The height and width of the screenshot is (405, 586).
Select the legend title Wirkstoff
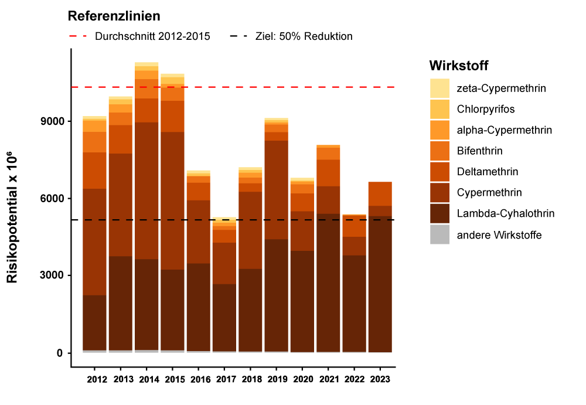pos(458,64)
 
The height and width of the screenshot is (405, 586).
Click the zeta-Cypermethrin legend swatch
pos(439,89)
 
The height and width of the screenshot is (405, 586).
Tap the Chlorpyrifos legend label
pos(486,109)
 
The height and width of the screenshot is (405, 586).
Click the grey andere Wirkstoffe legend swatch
pos(439,235)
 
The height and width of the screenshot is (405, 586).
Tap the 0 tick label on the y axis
pos(60,353)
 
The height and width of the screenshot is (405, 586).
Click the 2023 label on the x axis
pos(379,379)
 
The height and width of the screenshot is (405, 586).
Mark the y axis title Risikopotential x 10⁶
pos(13,217)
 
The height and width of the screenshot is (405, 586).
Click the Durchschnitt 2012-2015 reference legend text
pos(152,36)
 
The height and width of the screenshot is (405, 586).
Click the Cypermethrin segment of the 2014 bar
pos(146,190)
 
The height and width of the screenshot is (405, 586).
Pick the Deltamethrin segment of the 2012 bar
pos(95,171)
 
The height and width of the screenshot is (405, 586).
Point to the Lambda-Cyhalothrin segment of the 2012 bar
pos(95,322)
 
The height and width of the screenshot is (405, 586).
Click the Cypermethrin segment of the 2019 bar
pos(276,190)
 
